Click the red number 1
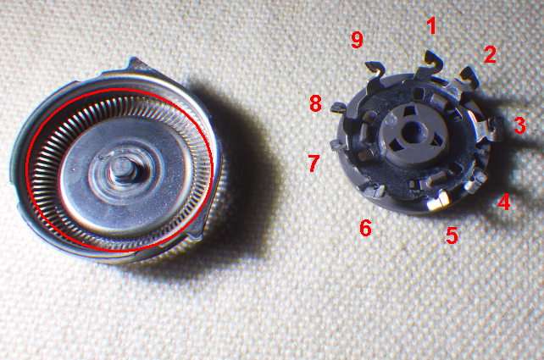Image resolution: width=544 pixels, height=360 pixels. (x=431, y=26)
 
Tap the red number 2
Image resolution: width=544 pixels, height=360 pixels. (x=491, y=54)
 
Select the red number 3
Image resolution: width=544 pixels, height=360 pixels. (x=519, y=125)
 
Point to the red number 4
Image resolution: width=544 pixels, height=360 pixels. (x=504, y=202)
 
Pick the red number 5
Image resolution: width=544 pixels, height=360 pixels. (x=452, y=235)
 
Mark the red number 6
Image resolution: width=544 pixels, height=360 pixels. (x=366, y=228)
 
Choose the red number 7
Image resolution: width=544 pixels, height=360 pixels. (x=314, y=163)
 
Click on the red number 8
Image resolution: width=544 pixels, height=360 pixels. (x=315, y=103)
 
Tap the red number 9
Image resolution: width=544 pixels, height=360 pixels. (x=357, y=40)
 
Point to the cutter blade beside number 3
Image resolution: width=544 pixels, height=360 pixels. (x=490, y=129)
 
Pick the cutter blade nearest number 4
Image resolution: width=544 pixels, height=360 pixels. (x=475, y=180)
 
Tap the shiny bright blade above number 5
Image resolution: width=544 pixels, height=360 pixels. (x=438, y=201)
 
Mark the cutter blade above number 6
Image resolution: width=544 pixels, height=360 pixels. (x=375, y=191)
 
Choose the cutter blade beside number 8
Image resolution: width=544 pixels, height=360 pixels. (x=338, y=108)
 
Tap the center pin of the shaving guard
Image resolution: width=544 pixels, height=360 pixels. (x=122, y=169)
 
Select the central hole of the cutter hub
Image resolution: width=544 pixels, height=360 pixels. (x=413, y=131)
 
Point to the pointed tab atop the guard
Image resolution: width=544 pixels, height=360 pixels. (x=138, y=65)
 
